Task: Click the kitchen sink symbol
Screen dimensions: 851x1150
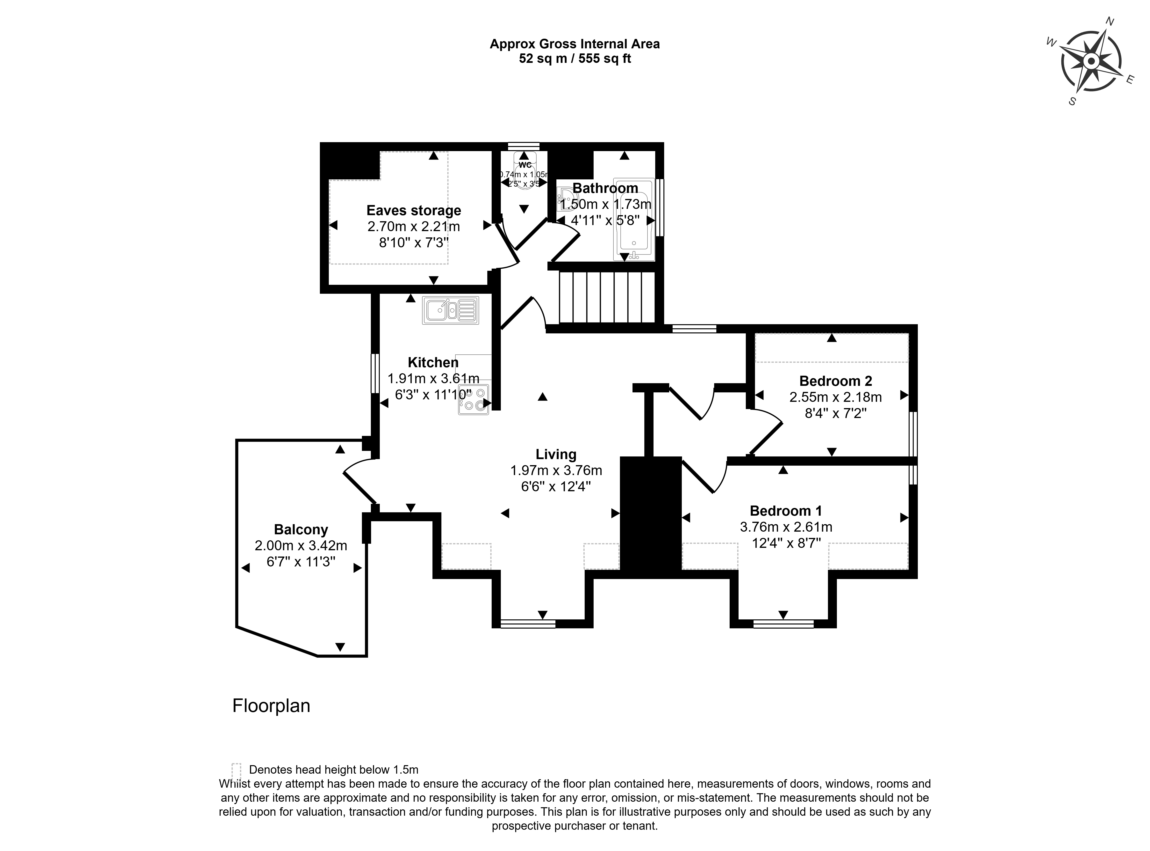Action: pyautogui.click(x=450, y=310)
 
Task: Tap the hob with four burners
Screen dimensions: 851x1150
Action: pyautogui.click(x=474, y=400)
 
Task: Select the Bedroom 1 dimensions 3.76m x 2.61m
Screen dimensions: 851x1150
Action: pyautogui.click(x=785, y=527)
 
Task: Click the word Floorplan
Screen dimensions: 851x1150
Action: pyautogui.click(x=271, y=706)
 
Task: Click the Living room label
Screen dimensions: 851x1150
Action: pyautogui.click(x=556, y=454)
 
